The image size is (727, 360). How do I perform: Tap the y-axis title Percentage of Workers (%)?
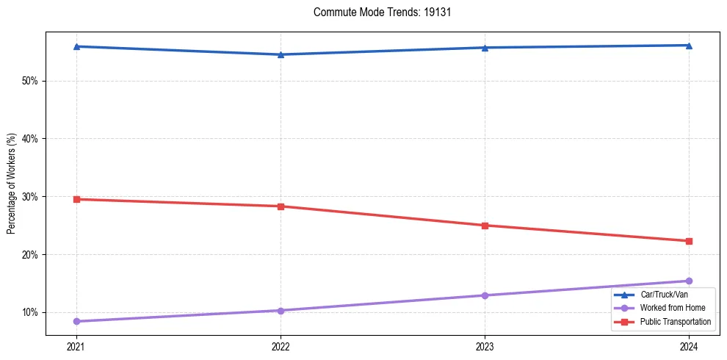12,184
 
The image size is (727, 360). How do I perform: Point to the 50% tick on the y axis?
30,81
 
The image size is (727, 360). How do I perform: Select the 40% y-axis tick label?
30,139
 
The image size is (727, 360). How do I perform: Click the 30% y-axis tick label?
30,197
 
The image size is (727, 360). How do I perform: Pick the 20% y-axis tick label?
30,255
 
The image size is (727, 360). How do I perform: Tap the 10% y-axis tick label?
30,313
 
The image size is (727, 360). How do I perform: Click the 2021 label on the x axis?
76,346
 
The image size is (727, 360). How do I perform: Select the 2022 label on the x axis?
281,346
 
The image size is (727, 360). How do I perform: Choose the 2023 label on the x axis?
485,346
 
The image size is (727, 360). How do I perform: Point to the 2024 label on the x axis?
689,346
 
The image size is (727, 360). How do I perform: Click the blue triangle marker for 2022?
281,54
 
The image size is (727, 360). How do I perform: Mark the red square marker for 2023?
485,226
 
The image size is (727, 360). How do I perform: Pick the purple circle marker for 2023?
485,295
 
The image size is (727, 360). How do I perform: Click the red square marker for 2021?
76,199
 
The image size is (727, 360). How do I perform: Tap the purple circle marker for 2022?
281,311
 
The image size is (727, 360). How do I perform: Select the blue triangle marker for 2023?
485,48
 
